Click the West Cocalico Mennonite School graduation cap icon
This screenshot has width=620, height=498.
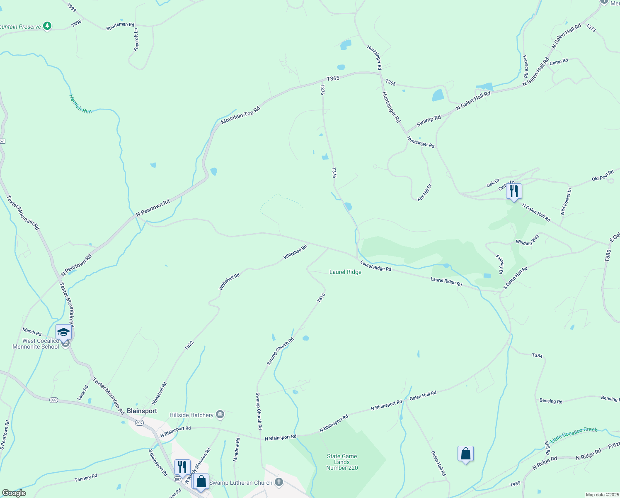point(63,332)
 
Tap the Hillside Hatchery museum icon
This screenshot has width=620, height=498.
point(220,414)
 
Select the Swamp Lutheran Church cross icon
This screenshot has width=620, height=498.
point(279,482)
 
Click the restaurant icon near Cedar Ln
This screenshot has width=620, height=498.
point(514,191)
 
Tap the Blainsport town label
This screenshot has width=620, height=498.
point(142,411)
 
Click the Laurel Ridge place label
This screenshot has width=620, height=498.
point(345,272)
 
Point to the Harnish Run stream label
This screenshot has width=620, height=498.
point(80,104)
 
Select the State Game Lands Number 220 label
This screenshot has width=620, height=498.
point(342,462)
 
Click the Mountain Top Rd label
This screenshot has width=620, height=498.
point(240,115)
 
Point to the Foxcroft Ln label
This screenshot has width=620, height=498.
point(136,39)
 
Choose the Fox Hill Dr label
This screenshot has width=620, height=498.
point(424,192)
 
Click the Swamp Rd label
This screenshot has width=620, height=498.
point(429,121)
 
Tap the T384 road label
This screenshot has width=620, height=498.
point(537,356)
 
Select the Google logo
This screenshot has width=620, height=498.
point(14,493)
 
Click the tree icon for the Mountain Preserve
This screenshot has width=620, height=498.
point(47,26)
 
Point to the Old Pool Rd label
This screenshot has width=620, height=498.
point(603,176)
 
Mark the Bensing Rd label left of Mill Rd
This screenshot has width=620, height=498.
point(551,401)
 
